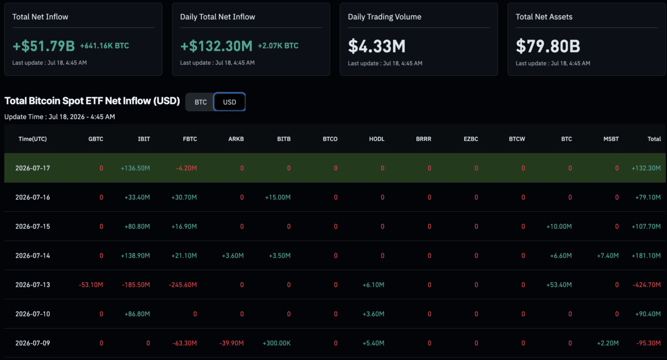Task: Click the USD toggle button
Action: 230,102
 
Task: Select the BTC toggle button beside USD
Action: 200,102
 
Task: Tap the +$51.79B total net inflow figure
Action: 44,46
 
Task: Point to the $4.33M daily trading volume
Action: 377,46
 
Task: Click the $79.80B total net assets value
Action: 548,46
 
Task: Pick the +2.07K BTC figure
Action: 278,46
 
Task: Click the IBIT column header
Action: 144,139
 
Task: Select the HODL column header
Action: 377,139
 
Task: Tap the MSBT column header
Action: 611,139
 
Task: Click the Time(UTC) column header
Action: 33,139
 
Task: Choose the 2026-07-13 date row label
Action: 33,285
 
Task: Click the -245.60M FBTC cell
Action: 183,285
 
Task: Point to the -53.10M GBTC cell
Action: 91,285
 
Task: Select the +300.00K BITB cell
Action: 276,343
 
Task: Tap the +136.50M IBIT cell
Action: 135,168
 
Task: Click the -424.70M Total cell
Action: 647,285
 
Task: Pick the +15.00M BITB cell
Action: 278,197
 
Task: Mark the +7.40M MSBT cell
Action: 608,256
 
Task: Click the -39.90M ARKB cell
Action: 232,343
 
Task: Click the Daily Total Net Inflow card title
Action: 218,16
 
